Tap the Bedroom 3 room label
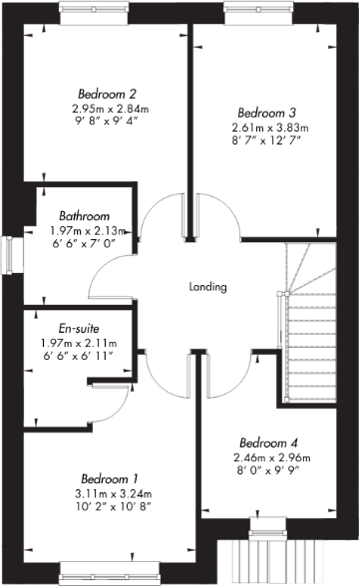tap(263, 112)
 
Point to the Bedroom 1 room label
tap(110, 477)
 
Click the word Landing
tap(208, 287)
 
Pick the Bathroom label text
tap(83, 215)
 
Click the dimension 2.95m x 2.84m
tap(110, 109)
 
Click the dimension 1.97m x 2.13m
tap(90, 229)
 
